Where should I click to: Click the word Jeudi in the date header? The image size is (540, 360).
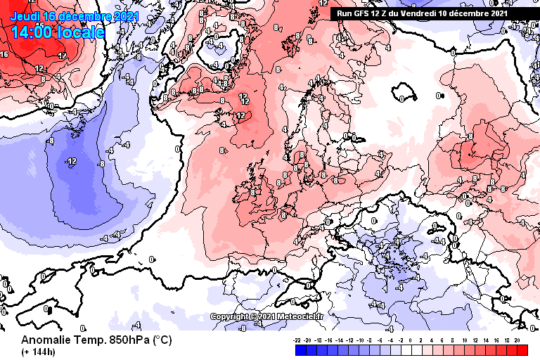tap(25, 15)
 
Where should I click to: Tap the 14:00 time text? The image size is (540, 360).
tap(32, 32)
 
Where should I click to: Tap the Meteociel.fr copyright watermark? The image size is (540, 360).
tap(267, 316)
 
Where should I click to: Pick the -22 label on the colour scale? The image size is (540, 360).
tap(298, 340)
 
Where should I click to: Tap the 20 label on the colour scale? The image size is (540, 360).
tap(517, 340)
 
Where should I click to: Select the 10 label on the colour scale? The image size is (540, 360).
tap(465, 340)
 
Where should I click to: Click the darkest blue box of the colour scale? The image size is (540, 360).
tap(298, 349)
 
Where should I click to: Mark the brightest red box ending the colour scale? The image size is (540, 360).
tap(522, 349)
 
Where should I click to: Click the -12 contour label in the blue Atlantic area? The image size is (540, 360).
tap(70, 161)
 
